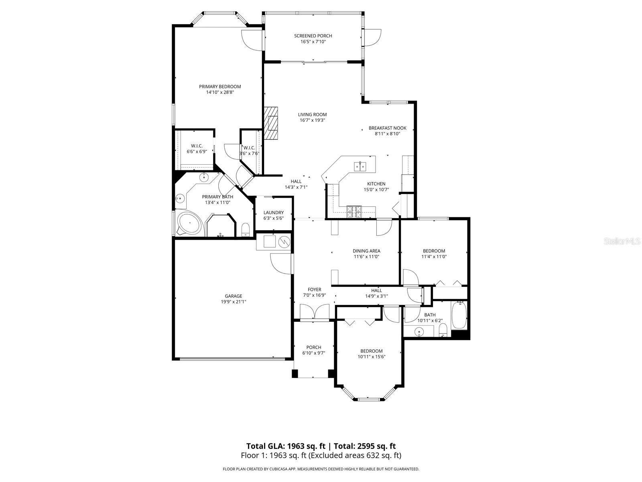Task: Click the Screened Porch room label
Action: coord(313,36)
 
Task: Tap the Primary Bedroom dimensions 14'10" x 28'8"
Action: coord(220,92)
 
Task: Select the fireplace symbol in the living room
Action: coord(271,123)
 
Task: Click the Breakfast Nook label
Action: coord(387,128)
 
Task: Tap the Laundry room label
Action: coord(274,212)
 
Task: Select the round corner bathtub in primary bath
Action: coord(189,224)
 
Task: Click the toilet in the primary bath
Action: coord(246,230)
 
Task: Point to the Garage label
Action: coord(233,296)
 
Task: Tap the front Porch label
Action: coord(313,347)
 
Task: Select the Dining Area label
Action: coord(366,251)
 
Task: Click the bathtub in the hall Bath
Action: coord(459,315)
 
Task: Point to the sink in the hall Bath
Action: coord(419,332)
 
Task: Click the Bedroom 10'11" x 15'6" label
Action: coord(371,351)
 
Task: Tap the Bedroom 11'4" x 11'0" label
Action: coord(434,251)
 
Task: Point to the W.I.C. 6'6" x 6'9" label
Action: coord(197,146)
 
